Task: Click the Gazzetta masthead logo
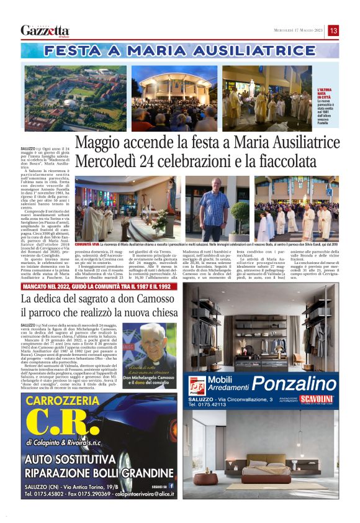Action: coord(45,30)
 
